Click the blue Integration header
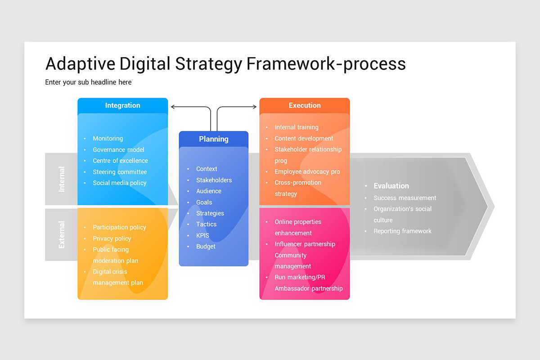122,105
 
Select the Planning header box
213,139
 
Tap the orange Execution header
305,105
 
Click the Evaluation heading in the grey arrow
391,186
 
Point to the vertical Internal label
62,179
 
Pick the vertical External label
62,234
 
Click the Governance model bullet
118,150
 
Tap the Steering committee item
120,172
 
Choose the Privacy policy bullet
112,238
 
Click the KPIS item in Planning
202,235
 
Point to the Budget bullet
206,247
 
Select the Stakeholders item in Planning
214,180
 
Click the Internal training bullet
296,127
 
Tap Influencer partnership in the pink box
305,244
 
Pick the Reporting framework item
402,231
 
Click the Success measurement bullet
405,198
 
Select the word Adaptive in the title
80,64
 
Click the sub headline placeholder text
88,82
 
